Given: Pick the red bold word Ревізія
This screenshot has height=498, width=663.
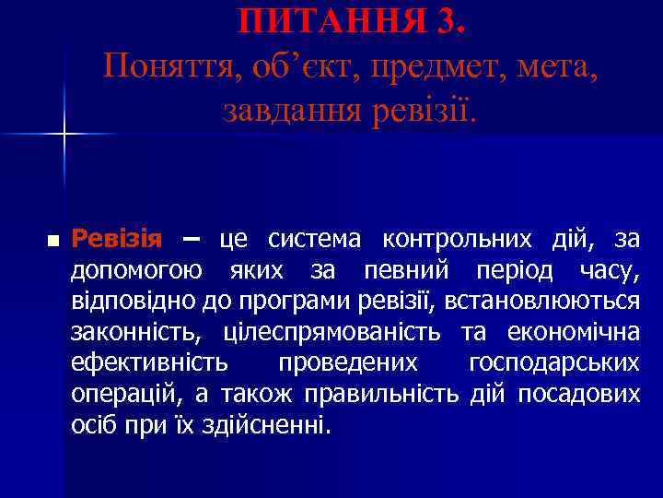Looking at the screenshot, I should point(116,240).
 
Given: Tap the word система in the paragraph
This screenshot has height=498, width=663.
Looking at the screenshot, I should point(317,240).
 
